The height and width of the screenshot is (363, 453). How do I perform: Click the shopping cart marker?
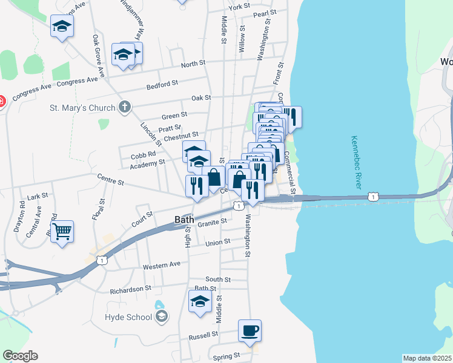[62, 231]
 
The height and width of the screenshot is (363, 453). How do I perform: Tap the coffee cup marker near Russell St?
[250, 330]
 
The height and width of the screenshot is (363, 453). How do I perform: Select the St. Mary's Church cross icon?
[125, 108]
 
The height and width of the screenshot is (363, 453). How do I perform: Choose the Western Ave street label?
[162, 265]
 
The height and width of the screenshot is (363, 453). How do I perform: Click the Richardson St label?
[130, 290]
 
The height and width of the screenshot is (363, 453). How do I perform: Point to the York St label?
[239, 6]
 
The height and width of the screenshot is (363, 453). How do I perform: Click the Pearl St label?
[265, 13]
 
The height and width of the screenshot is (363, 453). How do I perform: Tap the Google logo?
[20, 356]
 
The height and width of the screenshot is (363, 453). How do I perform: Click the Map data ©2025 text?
[427, 358]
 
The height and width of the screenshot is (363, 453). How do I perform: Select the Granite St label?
[213, 221]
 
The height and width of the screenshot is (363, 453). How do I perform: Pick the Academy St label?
[147, 163]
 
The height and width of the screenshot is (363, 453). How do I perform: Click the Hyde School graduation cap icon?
[161, 316]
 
